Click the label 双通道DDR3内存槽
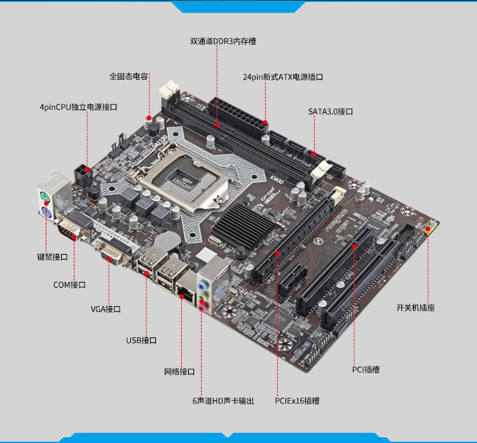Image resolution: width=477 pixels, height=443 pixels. [x=223, y=41]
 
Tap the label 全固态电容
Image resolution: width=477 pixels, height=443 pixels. [x=128, y=76]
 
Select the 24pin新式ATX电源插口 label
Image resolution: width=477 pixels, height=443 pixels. [x=283, y=77]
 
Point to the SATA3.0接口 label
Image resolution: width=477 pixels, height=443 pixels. [x=331, y=111]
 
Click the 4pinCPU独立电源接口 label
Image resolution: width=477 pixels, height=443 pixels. [x=78, y=107]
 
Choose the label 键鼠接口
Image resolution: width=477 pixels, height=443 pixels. [x=52, y=257]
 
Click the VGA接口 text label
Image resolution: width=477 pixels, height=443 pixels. [x=106, y=309]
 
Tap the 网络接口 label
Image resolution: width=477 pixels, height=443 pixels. [x=179, y=372]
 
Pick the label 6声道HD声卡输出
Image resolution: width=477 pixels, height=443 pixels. [x=223, y=401]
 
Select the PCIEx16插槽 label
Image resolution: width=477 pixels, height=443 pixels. [x=297, y=401]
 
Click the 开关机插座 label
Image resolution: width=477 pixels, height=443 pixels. [x=415, y=308]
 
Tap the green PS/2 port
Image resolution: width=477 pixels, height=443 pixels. [x=45, y=197]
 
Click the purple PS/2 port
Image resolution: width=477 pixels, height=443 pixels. [x=46, y=212]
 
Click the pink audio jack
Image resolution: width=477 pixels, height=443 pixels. [x=203, y=306]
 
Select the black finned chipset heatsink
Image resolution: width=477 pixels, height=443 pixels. [x=243, y=225]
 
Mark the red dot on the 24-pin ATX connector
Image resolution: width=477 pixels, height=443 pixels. [x=265, y=123]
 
